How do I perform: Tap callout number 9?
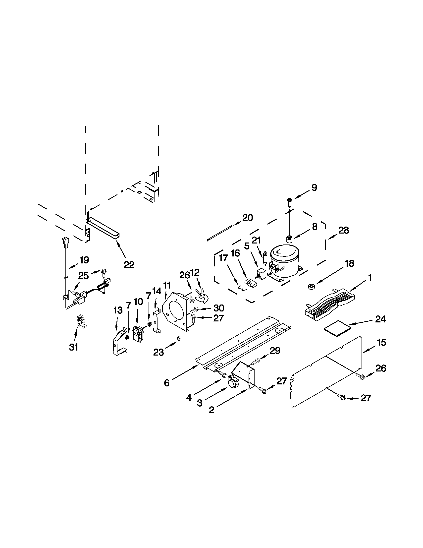[x=314, y=187]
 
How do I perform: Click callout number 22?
[x=129, y=264]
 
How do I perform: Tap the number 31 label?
[x=74, y=347]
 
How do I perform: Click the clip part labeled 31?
[x=81, y=322]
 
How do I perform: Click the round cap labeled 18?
[x=311, y=286]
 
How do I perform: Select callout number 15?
[x=381, y=343]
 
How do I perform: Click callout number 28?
[x=343, y=230]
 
